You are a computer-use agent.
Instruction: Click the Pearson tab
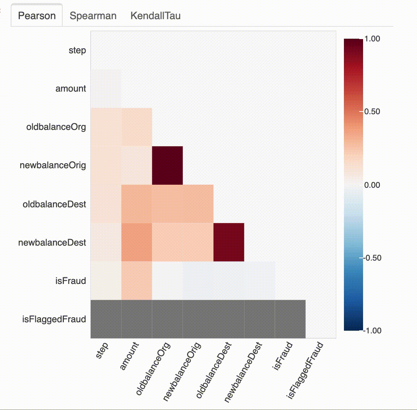click(37, 16)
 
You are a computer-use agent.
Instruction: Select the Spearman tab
click(93, 16)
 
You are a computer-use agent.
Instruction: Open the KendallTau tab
click(155, 16)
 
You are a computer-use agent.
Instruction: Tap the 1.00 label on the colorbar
click(373, 38)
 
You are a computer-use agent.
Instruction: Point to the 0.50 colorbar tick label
click(373, 112)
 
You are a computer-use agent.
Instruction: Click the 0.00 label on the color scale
click(373, 185)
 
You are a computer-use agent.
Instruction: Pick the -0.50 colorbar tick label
click(371, 257)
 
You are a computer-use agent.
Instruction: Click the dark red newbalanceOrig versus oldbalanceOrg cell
click(167, 165)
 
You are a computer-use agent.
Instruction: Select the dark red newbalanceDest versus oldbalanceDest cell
click(229, 242)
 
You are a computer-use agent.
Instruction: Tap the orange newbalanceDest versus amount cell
click(137, 242)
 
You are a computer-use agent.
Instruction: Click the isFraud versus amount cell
click(137, 280)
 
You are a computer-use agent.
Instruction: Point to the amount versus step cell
click(106, 89)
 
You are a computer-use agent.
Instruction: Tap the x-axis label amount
click(130, 356)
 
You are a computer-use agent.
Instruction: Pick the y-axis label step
click(77, 50)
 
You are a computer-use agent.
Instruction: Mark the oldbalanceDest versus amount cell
click(137, 203)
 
